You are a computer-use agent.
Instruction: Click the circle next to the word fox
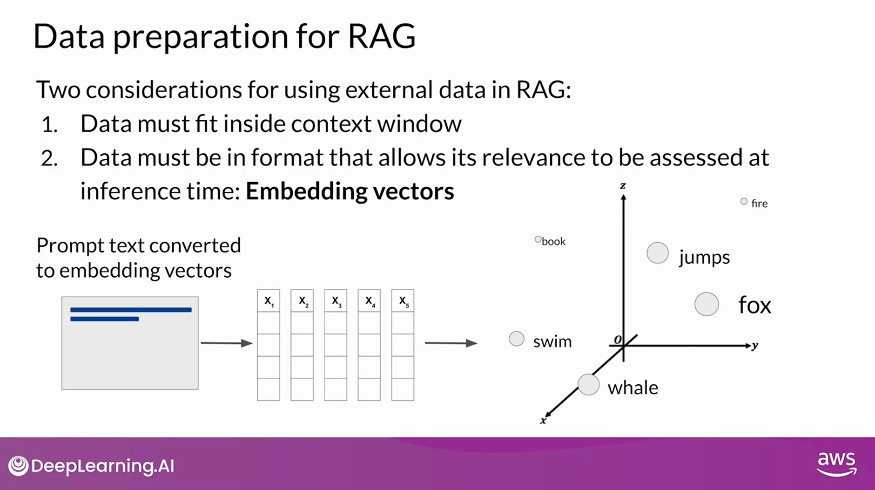(x=707, y=304)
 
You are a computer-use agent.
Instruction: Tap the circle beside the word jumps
(x=657, y=253)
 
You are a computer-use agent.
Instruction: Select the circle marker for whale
(x=588, y=385)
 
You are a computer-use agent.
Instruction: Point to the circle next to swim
(x=516, y=339)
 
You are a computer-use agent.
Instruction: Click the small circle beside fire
(x=744, y=201)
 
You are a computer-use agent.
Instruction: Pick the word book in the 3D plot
(x=553, y=241)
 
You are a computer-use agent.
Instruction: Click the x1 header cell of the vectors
(x=269, y=301)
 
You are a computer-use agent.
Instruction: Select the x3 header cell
(x=336, y=301)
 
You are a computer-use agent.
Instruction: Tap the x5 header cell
(x=403, y=301)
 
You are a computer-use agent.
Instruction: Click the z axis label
(x=623, y=186)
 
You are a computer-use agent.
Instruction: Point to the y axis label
(x=755, y=345)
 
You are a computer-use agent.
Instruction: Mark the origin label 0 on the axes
(x=617, y=340)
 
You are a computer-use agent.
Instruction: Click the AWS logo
(x=836, y=463)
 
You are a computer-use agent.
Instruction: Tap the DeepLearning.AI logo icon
(x=18, y=466)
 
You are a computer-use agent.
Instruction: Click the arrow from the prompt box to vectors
(x=226, y=343)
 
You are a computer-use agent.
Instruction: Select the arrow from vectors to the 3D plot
(x=451, y=343)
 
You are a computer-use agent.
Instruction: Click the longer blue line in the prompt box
(x=131, y=310)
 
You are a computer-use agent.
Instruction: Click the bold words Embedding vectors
(x=350, y=191)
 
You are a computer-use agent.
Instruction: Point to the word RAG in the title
(x=381, y=36)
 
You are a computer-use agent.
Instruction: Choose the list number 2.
(x=49, y=159)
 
